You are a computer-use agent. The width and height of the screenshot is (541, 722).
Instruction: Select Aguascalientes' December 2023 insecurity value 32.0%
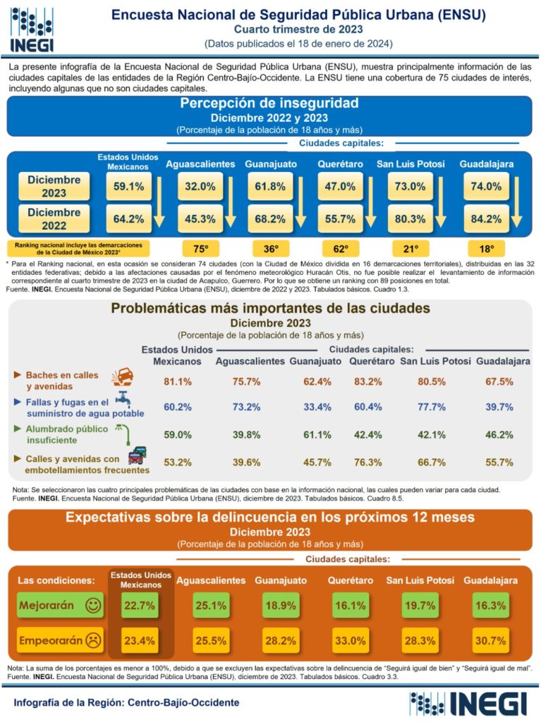pos(200,187)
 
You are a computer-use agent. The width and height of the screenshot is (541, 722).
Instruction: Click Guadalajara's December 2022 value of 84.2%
pos(486,219)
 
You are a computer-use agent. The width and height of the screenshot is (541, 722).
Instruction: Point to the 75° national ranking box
pos(201,249)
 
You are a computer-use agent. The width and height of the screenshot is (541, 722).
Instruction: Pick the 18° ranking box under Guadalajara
pos(487,249)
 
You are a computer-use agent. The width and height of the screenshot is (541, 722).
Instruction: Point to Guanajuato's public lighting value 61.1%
pos(317,435)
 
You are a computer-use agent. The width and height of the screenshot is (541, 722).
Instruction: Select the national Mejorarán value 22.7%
pos(139,606)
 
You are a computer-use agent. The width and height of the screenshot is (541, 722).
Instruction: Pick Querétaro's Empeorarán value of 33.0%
pos(351,641)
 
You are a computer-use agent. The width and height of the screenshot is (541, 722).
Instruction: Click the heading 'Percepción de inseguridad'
pos(269,104)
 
